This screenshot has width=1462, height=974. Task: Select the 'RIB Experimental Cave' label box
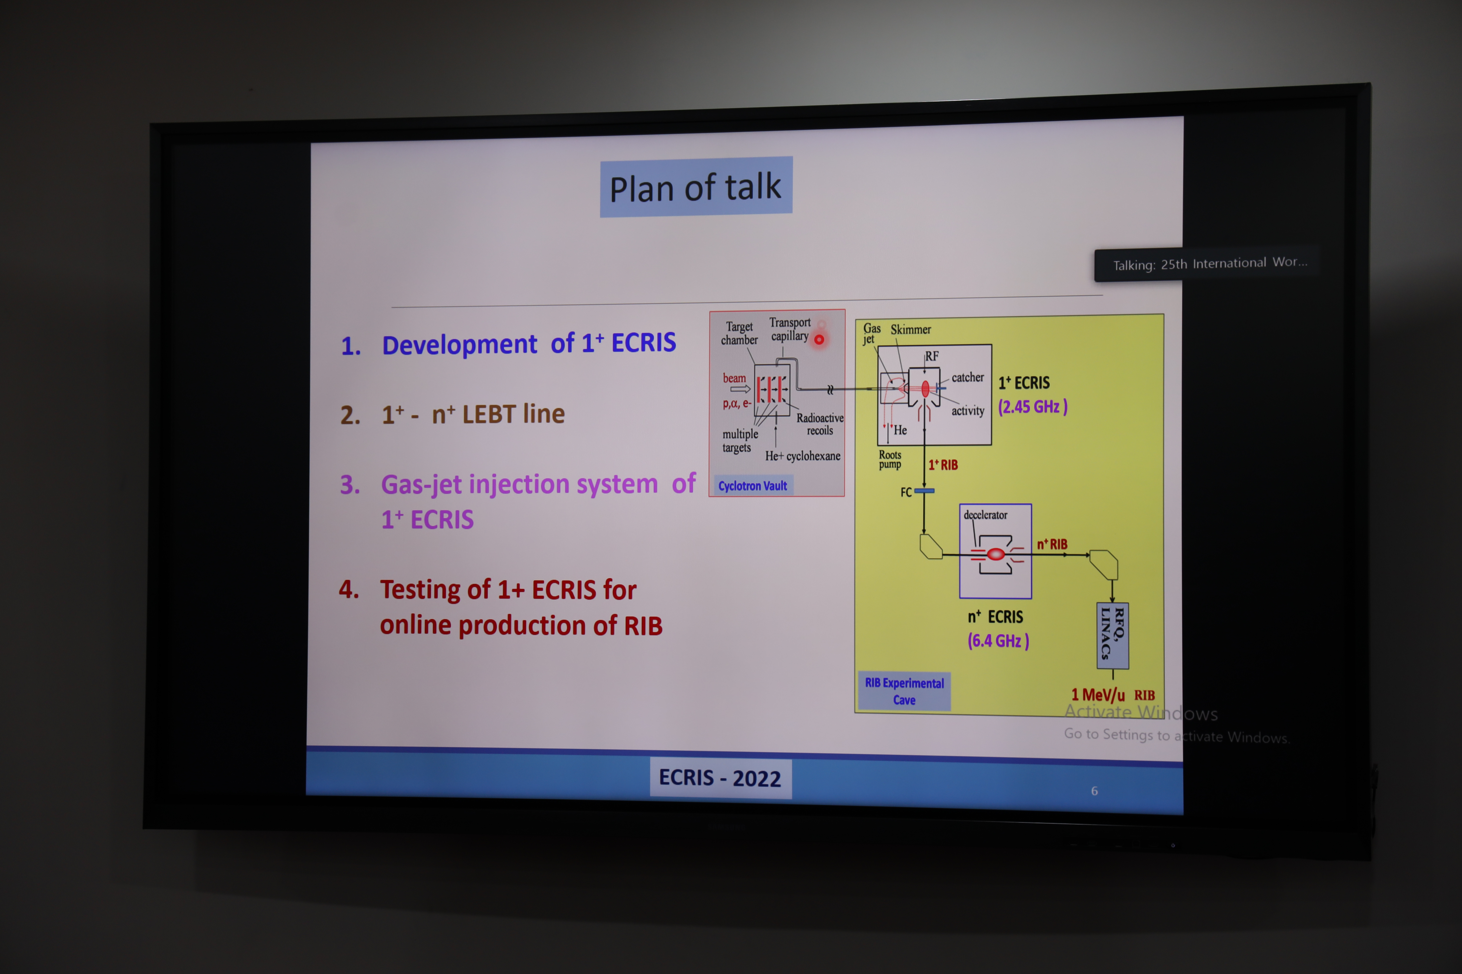(904, 691)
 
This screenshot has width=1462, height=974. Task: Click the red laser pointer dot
(819, 339)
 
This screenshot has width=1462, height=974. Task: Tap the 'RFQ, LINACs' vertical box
(1113, 635)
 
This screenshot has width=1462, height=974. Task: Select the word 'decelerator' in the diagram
(985, 515)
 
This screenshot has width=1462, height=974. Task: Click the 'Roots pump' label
(890, 460)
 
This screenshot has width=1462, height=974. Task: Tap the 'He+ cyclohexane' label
(803, 456)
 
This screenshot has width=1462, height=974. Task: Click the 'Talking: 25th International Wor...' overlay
(1210, 264)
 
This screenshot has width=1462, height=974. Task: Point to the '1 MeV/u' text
(1098, 694)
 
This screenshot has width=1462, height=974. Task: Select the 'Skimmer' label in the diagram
(911, 329)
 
